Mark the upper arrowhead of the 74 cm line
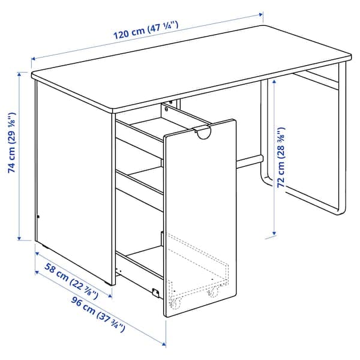(x=20, y=75)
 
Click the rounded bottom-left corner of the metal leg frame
(x=264, y=180)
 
